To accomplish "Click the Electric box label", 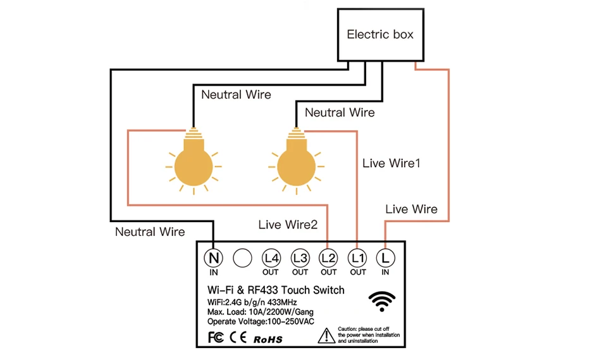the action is pyautogui.click(x=380, y=35).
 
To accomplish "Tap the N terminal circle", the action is pyautogui.click(x=213, y=258).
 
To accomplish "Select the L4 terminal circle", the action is pyautogui.click(x=271, y=258).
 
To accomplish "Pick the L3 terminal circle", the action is pyautogui.click(x=300, y=258).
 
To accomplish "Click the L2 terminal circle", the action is pyautogui.click(x=328, y=258).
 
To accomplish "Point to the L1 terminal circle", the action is pyautogui.click(x=357, y=258).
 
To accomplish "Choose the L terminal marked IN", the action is pyautogui.click(x=385, y=258).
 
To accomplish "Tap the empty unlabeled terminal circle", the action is pyautogui.click(x=242, y=258).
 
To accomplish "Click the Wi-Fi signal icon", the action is pyautogui.click(x=382, y=301).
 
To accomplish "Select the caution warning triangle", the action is pyautogui.click(x=326, y=335).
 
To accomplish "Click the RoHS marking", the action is pyautogui.click(x=268, y=339).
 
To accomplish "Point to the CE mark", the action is pyautogui.click(x=238, y=337).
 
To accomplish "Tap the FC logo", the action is pyautogui.click(x=216, y=337).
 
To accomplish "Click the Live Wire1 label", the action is pyautogui.click(x=391, y=163).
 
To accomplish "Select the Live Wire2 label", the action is pyautogui.click(x=288, y=225).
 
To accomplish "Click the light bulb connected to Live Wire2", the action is pyautogui.click(x=194, y=161).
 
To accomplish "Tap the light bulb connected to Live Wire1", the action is pyautogui.click(x=296, y=161).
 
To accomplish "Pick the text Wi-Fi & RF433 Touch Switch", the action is pyautogui.click(x=276, y=290).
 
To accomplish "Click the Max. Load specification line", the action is pyautogui.click(x=261, y=312).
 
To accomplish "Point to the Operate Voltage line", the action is pyautogui.click(x=261, y=321).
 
